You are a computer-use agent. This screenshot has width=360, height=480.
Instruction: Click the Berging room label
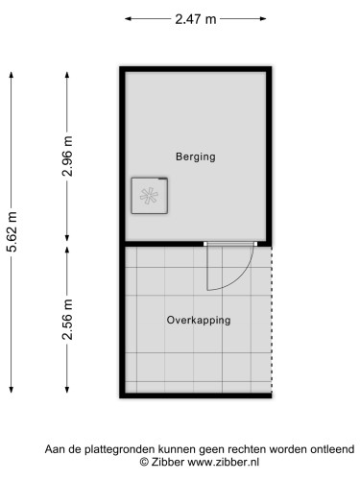click(x=195, y=156)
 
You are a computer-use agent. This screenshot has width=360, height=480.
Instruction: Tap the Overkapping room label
click(x=198, y=321)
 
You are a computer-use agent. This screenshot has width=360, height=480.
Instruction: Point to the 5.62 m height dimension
click(x=12, y=232)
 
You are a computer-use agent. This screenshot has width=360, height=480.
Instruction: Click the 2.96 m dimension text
click(x=67, y=156)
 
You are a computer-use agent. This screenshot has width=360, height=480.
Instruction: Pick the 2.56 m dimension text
click(x=67, y=320)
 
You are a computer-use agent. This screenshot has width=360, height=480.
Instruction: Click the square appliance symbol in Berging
click(x=150, y=195)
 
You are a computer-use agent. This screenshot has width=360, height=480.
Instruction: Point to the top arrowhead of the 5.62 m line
click(x=12, y=71)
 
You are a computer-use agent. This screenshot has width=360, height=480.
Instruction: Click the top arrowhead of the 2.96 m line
click(x=67, y=71)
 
